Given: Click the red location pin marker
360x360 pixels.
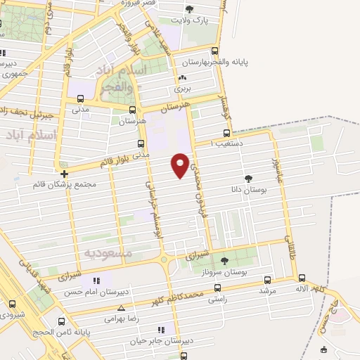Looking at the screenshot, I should [181, 165].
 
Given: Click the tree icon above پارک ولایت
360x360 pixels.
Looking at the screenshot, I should [189, 8].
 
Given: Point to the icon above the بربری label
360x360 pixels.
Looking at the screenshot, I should [183, 78].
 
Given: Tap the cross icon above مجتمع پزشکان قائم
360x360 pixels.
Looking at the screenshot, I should [63, 173].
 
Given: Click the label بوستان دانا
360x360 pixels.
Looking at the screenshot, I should [248, 189].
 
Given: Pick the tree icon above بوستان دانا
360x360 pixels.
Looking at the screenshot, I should [247, 179].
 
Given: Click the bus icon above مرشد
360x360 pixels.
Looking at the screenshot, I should [265, 278].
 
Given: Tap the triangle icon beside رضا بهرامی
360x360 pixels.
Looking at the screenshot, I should [122, 308].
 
